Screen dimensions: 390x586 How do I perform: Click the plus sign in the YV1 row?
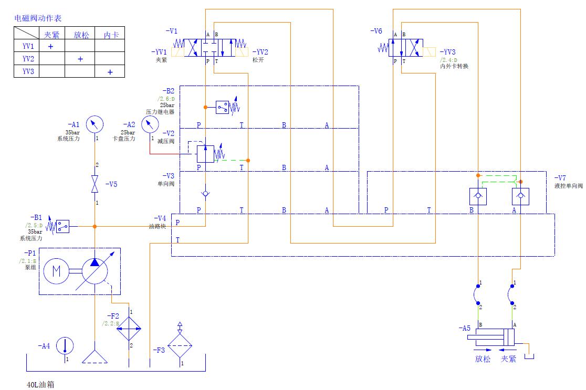pyautogui.click(x=51, y=46)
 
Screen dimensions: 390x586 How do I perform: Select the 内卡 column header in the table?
pyautogui.click(x=110, y=35)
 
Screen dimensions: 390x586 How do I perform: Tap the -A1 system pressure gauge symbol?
pyautogui.click(x=95, y=124)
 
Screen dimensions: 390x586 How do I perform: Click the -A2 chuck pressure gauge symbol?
pyautogui.click(x=150, y=124)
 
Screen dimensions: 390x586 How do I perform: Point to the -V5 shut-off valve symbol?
pyautogui.click(x=95, y=184)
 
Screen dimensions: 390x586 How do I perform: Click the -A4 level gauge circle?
pyautogui.click(x=65, y=346)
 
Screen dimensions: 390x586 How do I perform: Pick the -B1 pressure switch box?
pyautogui.click(x=63, y=226)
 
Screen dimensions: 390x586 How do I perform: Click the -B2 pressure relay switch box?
pyautogui.click(x=223, y=107)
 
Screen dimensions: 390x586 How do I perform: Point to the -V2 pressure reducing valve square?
pyautogui.click(x=205, y=154)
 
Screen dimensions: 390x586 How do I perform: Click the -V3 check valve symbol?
pyautogui.click(x=205, y=194)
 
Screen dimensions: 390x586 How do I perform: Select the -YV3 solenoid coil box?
pyautogui.click(x=429, y=52)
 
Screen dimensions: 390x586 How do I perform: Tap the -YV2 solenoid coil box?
pyautogui.click(x=242, y=52)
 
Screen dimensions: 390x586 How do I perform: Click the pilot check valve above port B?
pyautogui.click(x=478, y=196)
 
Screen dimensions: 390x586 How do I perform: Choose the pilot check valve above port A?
pyautogui.click(x=520, y=196)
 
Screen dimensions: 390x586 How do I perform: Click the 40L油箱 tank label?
pyautogui.click(x=40, y=384)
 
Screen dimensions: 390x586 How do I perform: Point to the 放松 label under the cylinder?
pyautogui.click(x=483, y=359)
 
